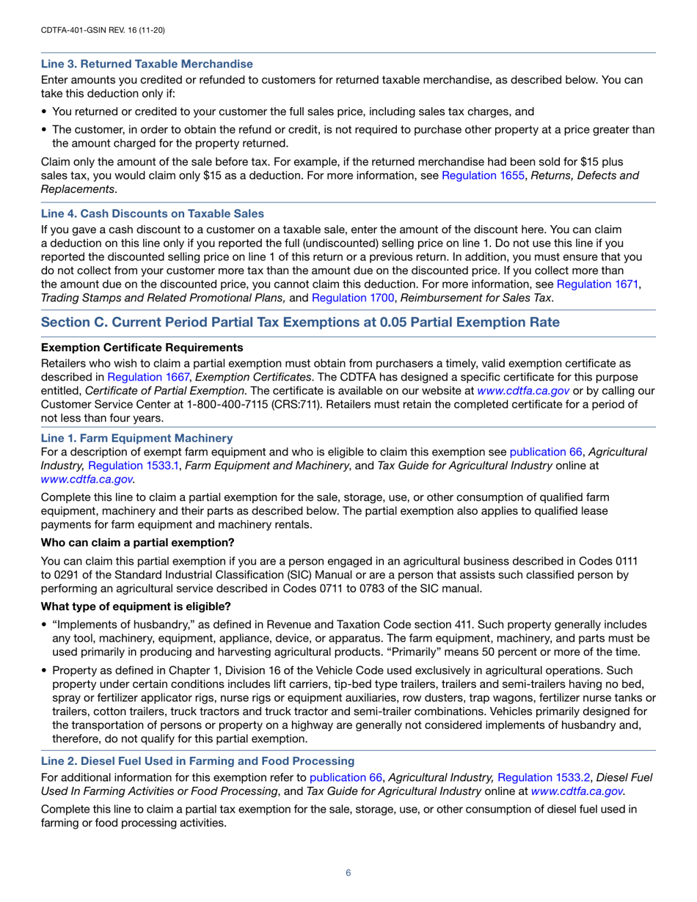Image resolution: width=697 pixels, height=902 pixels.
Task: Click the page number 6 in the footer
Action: (x=348, y=873)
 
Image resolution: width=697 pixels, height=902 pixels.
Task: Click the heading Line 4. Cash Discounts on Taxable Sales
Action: (x=153, y=213)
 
